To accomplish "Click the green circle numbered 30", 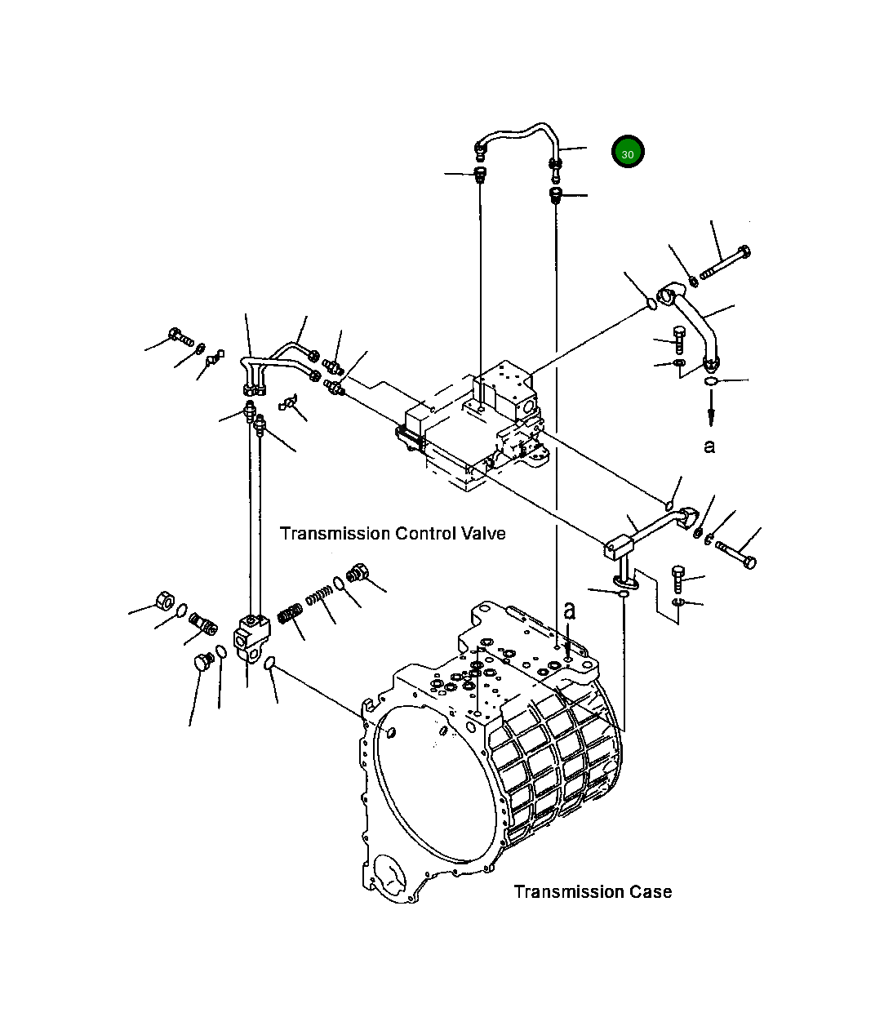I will coord(628,153).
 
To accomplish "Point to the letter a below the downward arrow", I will coord(709,446).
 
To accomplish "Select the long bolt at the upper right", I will coord(726,263).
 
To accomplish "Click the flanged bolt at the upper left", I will coord(180,335).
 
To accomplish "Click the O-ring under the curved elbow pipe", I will coord(711,381).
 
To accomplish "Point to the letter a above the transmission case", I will coord(570,610).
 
